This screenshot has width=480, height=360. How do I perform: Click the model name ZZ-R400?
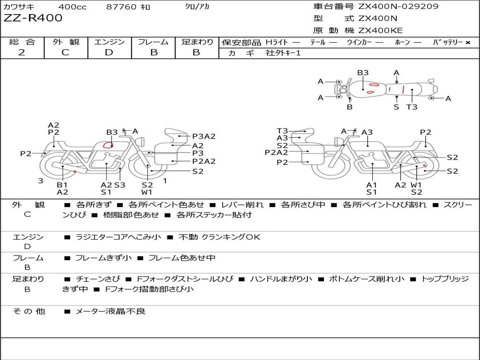33,18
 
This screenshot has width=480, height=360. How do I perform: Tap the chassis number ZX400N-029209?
398,6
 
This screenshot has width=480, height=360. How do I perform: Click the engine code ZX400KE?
380,30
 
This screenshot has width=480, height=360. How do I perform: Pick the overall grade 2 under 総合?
22,52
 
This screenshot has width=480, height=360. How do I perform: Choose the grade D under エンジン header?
109,52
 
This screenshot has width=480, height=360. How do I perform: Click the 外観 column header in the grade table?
66,42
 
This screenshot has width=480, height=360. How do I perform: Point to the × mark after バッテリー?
468,43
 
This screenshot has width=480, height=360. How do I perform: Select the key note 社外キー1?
283,53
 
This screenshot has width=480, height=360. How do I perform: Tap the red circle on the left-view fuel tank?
108,145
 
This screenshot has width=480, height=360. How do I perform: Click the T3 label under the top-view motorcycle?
412,107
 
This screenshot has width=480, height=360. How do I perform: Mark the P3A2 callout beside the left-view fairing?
204,136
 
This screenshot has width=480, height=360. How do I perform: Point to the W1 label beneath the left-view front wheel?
147,192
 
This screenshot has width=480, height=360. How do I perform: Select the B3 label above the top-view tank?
363,73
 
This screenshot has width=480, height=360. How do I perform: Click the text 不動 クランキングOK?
219,237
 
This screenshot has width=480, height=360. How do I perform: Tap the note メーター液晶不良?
110,311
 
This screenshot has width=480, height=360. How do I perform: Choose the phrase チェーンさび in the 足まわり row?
98,279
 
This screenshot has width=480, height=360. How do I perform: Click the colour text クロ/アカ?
197,7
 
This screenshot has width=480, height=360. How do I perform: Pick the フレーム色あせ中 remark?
182,258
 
